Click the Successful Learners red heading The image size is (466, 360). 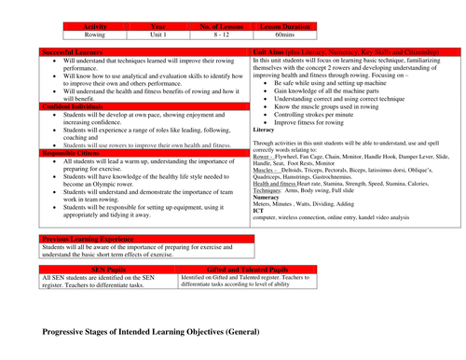coord(75,52)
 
